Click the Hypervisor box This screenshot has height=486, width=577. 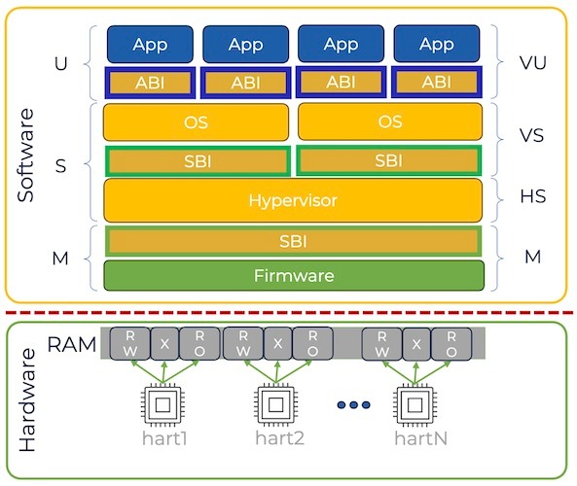[x=293, y=200]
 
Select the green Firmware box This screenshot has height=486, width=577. [x=294, y=276]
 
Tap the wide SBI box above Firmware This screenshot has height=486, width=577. [x=293, y=241]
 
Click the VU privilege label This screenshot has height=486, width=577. [x=532, y=63]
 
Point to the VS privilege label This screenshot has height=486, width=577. [x=531, y=135]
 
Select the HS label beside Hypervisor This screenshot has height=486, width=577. [x=532, y=196]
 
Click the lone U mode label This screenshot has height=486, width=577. [x=61, y=64]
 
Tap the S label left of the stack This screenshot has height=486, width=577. [x=60, y=166]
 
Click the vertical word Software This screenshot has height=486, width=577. [x=25, y=156]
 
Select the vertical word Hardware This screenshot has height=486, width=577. [x=27, y=399]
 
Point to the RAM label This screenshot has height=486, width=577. [x=72, y=344]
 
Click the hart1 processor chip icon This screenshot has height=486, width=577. [x=162, y=405]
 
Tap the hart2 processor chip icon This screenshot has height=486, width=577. [x=275, y=405]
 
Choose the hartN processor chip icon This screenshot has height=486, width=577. [x=415, y=405]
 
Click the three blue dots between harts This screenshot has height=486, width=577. [x=353, y=404]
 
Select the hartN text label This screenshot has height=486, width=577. [x=420, y=438]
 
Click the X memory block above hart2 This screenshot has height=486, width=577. [x=278, y=344]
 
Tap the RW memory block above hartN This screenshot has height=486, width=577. [x=382, y=344]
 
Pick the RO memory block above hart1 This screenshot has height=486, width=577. [x=199, y=344]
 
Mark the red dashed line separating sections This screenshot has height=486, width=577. [x=289, y=312]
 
